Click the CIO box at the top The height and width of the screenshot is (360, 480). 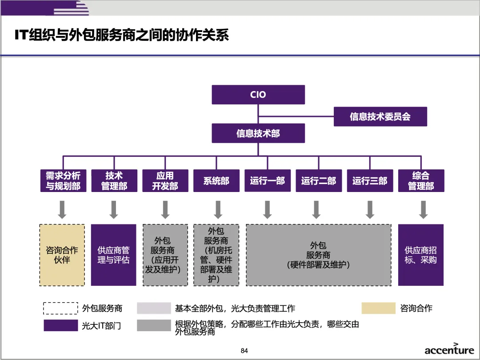258,95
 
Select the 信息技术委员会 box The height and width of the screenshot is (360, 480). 380,116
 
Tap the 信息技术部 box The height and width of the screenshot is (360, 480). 258,133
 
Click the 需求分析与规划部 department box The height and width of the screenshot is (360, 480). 63,181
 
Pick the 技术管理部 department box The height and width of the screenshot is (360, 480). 114,181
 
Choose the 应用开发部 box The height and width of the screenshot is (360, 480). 165,181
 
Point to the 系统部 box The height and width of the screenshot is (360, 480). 216,181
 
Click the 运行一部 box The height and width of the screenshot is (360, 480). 268,181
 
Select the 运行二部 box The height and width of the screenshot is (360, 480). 319,181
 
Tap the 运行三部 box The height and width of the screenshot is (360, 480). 370,181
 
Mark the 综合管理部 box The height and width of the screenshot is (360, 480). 421,181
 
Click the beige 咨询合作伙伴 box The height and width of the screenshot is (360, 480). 62,255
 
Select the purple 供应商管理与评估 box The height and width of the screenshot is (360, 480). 114,255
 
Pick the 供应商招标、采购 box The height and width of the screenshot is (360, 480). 420,255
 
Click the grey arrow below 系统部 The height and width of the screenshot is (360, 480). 218,209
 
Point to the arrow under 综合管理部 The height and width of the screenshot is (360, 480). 423,209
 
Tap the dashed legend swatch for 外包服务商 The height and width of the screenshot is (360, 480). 60,308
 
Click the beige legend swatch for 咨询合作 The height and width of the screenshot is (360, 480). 378,308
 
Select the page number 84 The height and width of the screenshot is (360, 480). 244,351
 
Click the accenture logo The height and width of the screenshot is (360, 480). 449,349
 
